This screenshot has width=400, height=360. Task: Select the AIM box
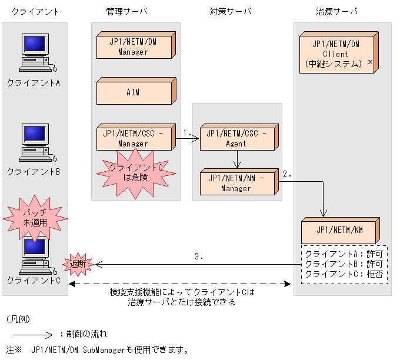tap(134, 93)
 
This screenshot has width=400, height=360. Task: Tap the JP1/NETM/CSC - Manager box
tap(134, 138)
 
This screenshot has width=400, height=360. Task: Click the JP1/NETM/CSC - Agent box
tap(236, 138)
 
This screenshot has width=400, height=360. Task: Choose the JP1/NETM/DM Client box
tap(335, 54)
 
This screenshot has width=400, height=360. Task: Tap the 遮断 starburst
tap(78, 264)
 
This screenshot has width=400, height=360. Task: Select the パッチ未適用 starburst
tap(35, 218)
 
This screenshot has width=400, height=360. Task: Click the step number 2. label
tap(287, 174)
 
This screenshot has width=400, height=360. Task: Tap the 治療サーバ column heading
tap(337, 11)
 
